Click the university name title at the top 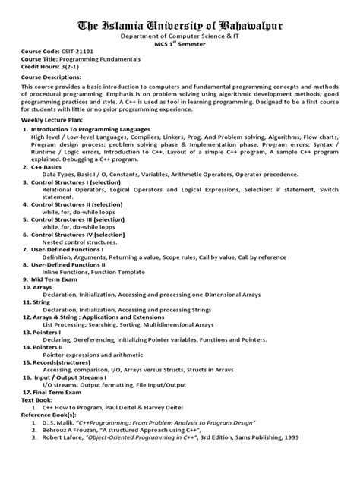click(180, 27)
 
